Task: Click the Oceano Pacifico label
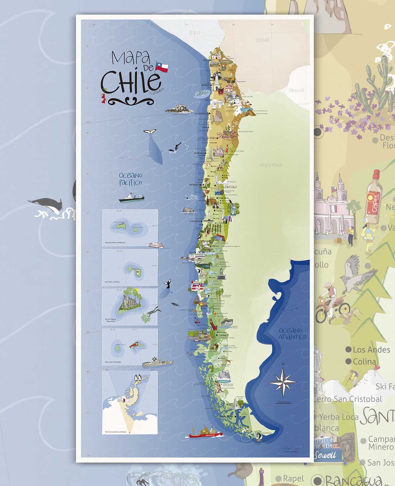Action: coord(131,179)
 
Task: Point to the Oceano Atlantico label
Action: coord(292,334)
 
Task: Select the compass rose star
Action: coord(283,382)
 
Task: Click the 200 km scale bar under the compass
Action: coord(283,402)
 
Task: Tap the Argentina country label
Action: coord(270,165)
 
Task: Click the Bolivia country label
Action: coord(262,40)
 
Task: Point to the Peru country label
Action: coord(194,33)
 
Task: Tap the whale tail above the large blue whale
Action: coord(150,131)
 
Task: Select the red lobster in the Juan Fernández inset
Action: coord(134,345)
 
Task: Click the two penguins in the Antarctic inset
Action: coord(138,378)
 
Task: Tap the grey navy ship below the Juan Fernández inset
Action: coord(157,362)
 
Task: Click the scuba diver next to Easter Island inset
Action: coord(154,311)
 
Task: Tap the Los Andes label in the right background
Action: coord(371,350)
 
